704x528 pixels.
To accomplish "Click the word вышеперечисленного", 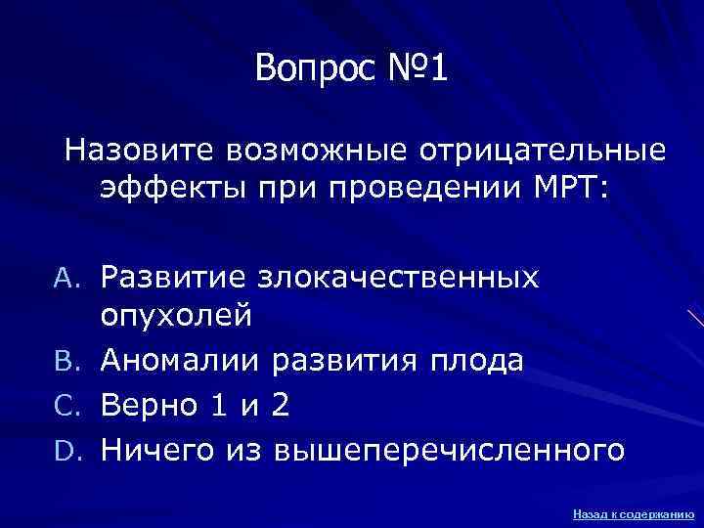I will point(449,450).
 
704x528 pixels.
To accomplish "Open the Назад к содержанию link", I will point(634,512).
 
